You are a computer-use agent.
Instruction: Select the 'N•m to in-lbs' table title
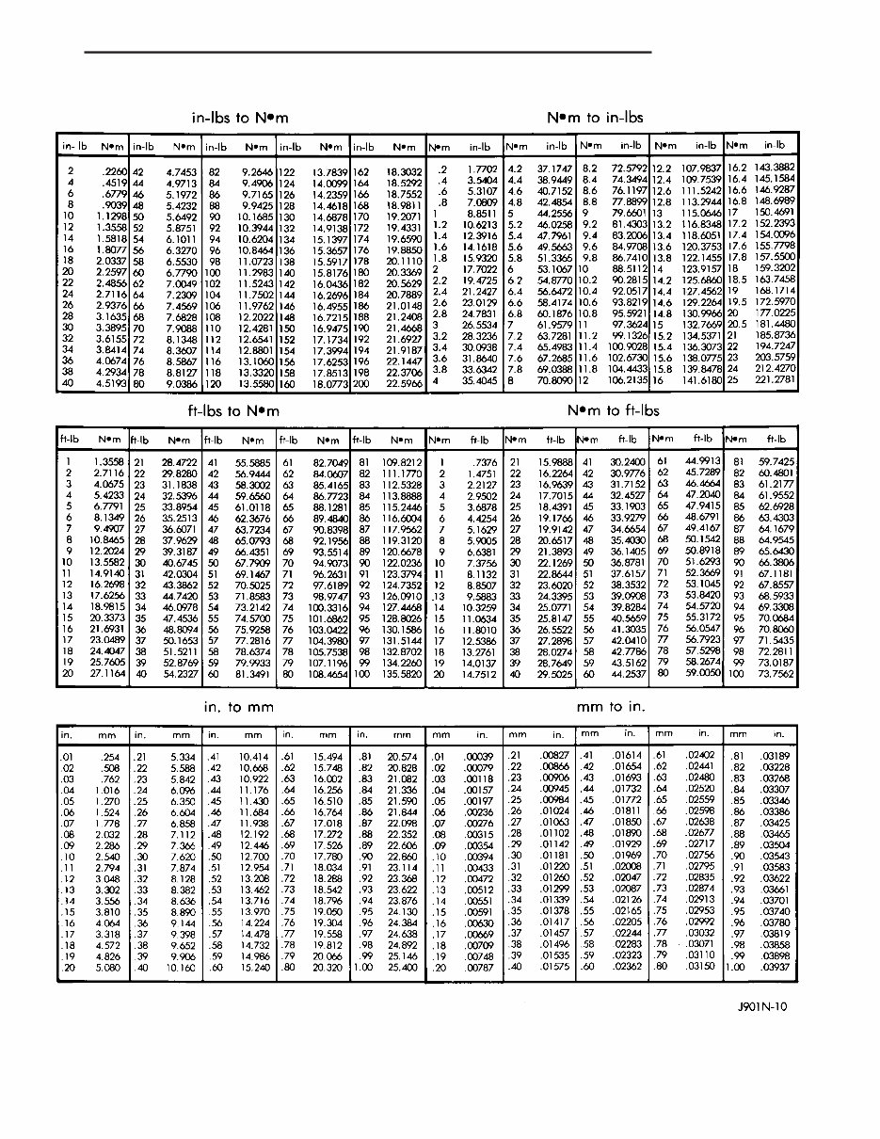click(595, 118)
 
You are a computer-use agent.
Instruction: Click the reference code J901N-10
click(762, 1006)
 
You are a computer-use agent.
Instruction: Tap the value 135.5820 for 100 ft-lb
click(401, 676)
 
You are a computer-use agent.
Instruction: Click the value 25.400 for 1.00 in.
click(402, 967)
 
